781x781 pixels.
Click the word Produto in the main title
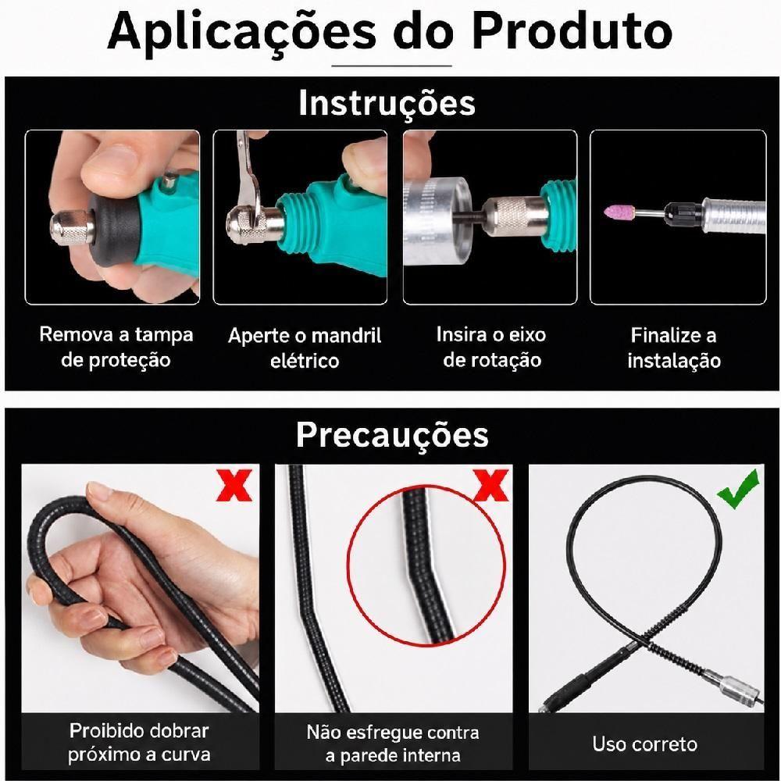tap(572, 31)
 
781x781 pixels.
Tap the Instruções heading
tap(387, 104)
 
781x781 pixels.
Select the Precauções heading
tap(392, 435)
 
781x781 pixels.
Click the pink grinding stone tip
tap(618, 211)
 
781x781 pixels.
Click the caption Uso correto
tap(644, 744)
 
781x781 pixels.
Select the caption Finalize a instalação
tap(674, 348)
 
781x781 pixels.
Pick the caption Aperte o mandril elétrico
tap(305, 348)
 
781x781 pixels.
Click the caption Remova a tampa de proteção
tap(116, 347)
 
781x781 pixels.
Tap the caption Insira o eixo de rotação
tap(491, 347)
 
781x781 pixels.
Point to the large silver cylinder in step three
tap(437, 220)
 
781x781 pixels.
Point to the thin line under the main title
tap(392, 66)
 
